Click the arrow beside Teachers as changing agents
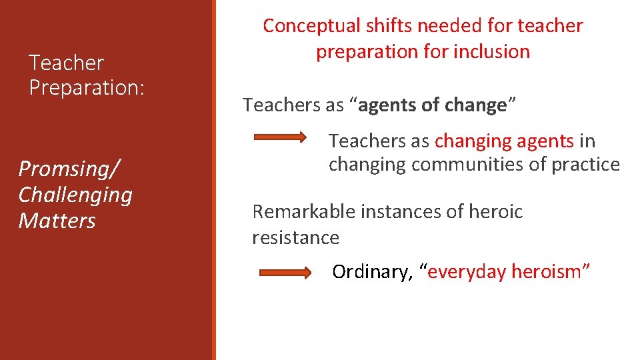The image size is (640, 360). [280, 139]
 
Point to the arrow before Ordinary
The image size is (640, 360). [285, 272]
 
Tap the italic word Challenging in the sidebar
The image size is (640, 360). [75, 195]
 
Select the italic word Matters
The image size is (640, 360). [57, 221]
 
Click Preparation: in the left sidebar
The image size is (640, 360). [87, 88]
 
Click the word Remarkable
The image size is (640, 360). [304, 212]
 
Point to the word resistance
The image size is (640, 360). [295, 237]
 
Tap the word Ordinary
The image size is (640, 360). [372, 272]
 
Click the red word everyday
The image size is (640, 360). [465, 272]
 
